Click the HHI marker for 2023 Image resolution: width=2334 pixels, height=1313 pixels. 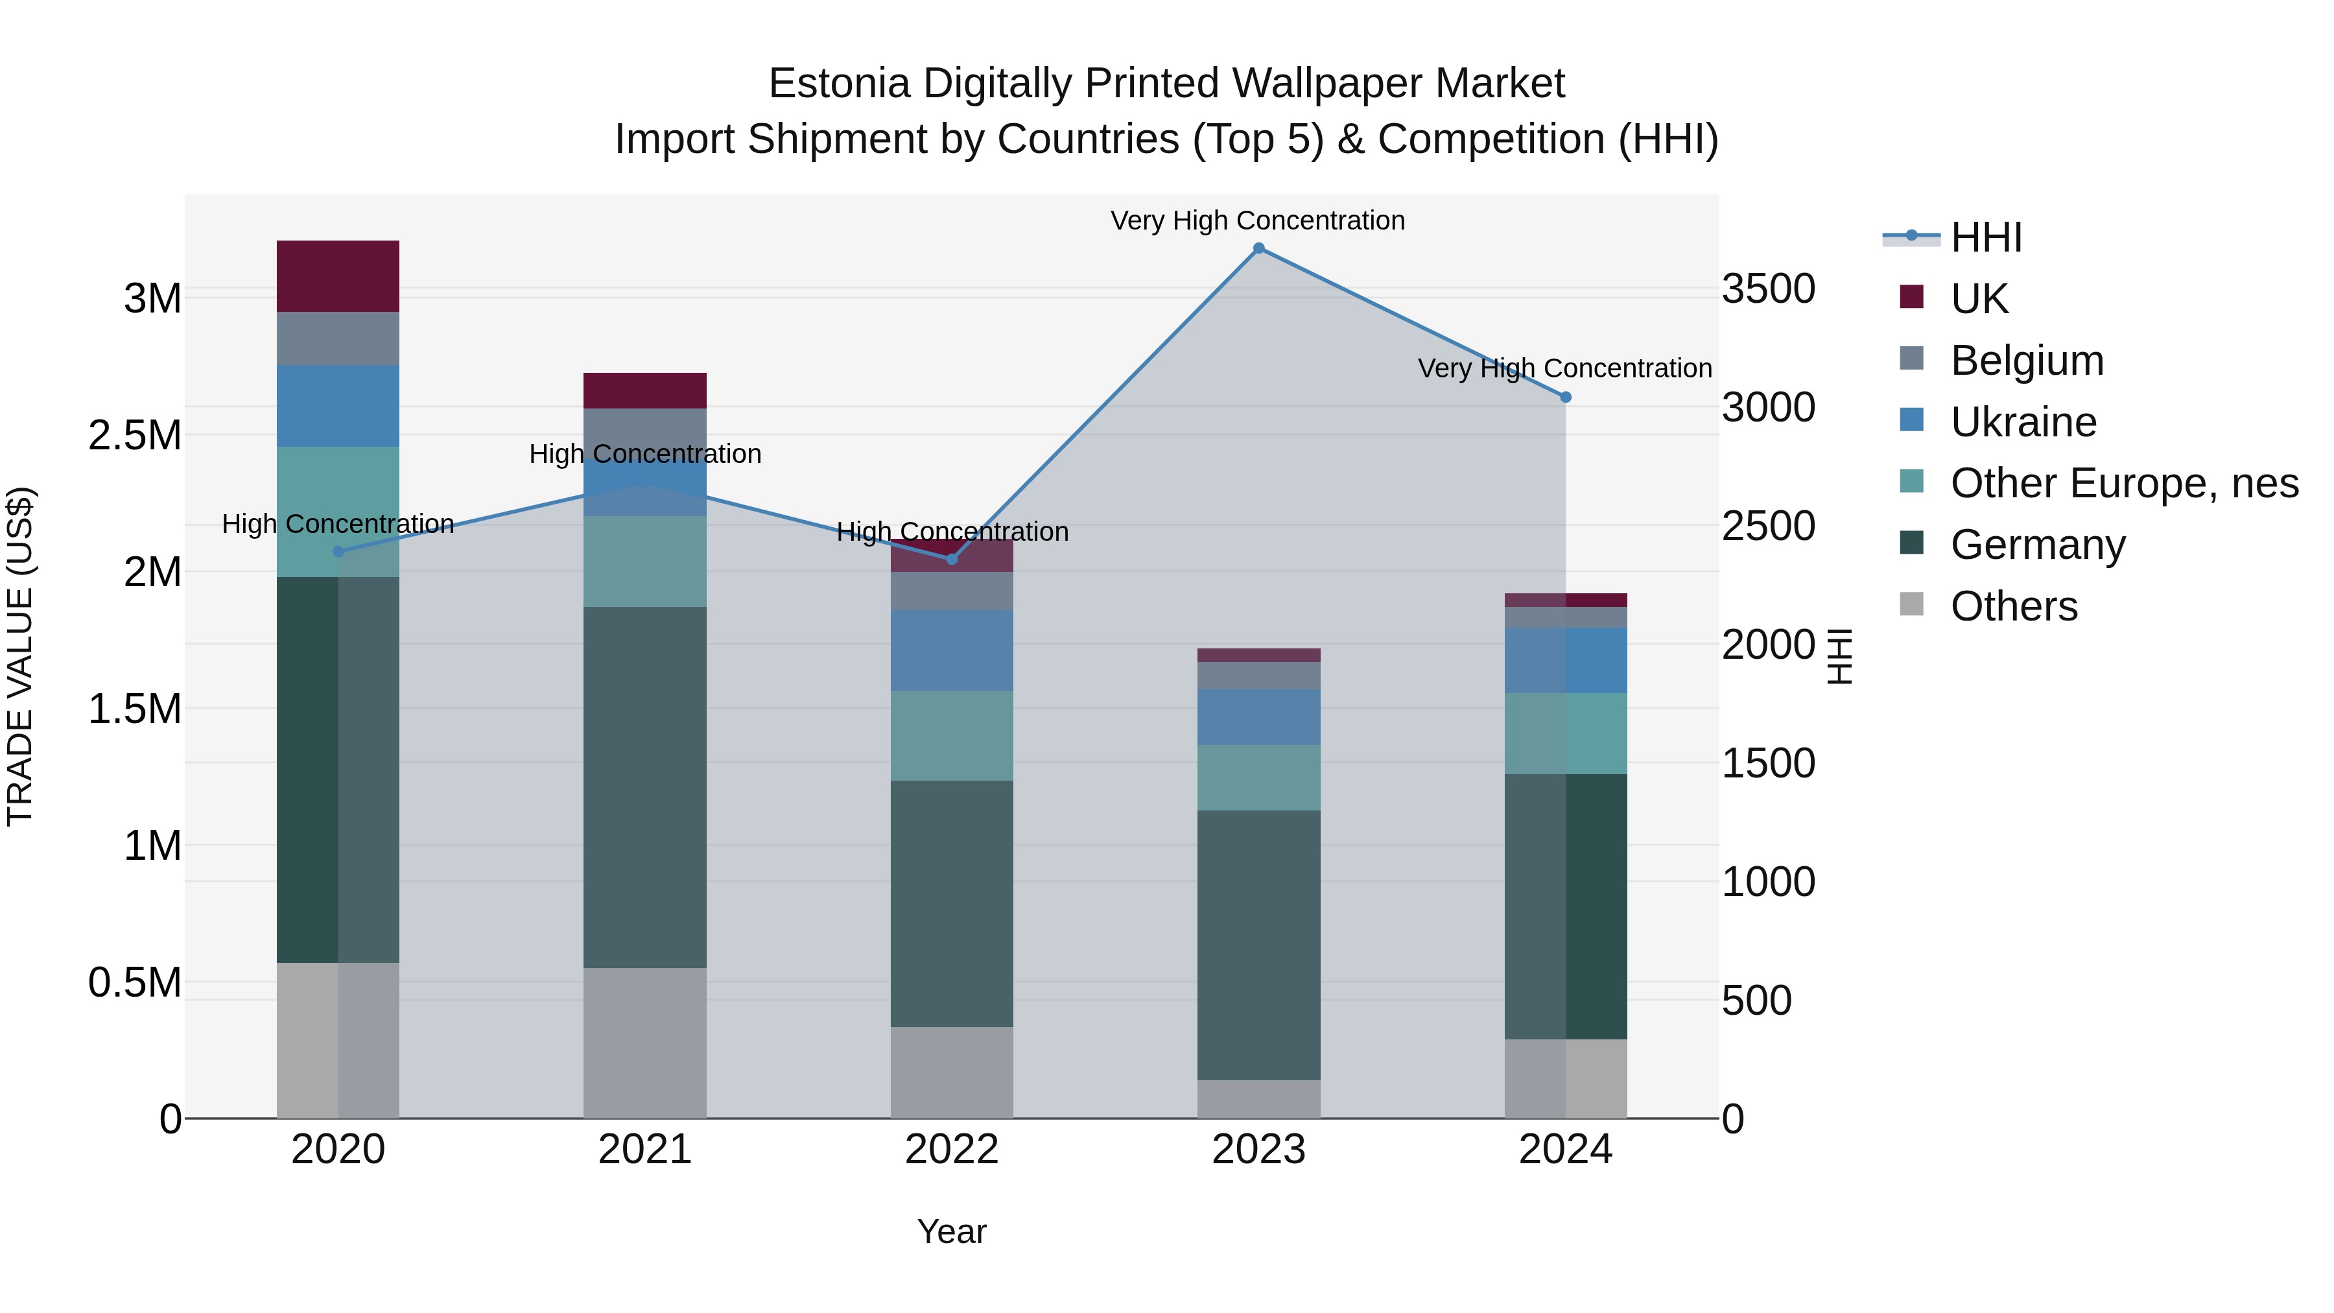tap(1258, 248)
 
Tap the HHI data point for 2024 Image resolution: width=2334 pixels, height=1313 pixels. tap(1565, 397)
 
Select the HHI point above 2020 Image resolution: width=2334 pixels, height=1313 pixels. tap(338, 551)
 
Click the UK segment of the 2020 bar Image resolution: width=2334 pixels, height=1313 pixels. tap(338, 276)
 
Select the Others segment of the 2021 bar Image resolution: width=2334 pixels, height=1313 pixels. tap(644, 1042)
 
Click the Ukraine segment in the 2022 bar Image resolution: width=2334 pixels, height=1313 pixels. tap(951, 650)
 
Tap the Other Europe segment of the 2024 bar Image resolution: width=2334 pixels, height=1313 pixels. tap(1565, 733)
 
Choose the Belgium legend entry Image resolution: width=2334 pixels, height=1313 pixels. tap(2027, 361)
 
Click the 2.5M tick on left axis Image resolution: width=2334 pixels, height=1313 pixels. tap(135, 436)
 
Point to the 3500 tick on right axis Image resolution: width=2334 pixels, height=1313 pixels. tap(1768, 289)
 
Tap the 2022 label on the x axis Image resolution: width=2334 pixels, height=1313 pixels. tap(951, 1150)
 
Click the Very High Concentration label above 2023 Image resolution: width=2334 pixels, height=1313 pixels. tap(1258, 220)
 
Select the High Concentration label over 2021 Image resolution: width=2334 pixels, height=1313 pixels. tap(644, 454)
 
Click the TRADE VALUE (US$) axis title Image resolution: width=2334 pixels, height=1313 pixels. tap(20, 656)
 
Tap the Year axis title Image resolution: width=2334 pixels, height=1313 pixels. tap(951, 1231)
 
